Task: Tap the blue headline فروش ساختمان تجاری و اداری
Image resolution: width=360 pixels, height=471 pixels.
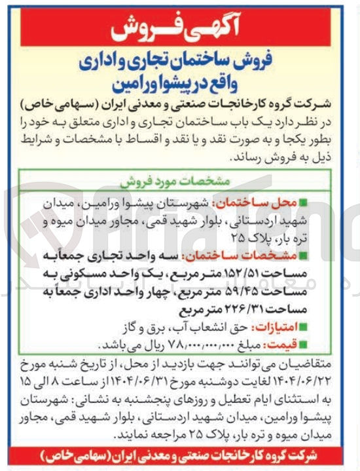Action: pyautogui.click(x=179, y=63)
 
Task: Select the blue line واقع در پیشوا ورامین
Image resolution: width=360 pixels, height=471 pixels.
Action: pyautogui.click(x=179, y=86)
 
